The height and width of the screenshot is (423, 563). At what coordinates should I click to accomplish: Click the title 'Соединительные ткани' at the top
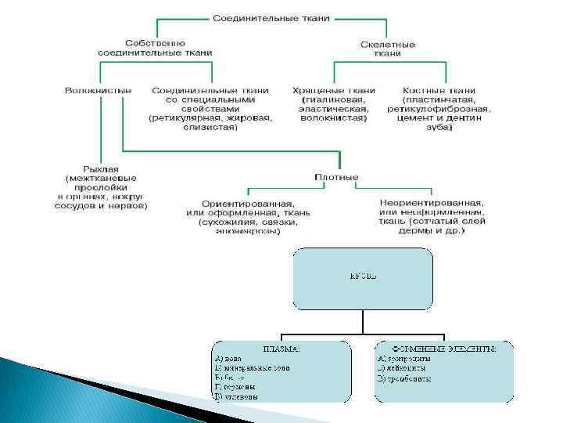click(x=272, y=16)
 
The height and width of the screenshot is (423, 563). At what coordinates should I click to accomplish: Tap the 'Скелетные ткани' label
click(x=388, y=49)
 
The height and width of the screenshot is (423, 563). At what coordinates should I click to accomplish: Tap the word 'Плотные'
click(x=336, y=177)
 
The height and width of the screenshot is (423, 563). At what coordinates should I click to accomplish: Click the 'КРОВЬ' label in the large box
click(x=362, y=277)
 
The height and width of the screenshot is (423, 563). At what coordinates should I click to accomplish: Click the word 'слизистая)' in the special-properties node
click(x=211, y=128)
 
